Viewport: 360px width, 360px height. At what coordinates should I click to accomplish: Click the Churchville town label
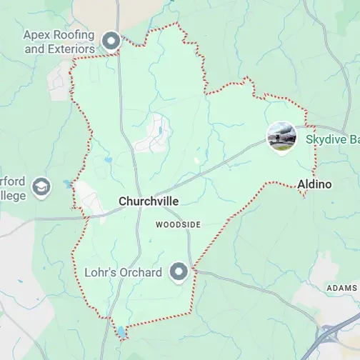[x=149, y=202]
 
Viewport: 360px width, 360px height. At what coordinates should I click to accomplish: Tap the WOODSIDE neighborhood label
[x=179, y=224]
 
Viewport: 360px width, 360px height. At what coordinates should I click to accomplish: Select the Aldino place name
[x=314, y=184]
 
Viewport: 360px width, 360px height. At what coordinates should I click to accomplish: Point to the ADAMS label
[x=341, y=287]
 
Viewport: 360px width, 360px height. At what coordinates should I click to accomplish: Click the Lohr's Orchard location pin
[x=179, y=271]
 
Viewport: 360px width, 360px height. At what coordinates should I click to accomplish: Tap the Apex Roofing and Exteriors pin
[x=111, y=41]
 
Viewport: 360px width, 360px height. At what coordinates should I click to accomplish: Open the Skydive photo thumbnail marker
[x=281, y=136]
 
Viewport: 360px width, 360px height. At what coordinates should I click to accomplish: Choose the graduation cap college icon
[x=42, y=187]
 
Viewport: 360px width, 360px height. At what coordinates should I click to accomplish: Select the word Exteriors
[x=71, y=49]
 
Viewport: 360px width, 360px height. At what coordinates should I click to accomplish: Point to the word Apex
[x=36, y=34]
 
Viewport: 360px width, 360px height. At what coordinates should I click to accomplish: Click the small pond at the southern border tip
[x=122, y=332]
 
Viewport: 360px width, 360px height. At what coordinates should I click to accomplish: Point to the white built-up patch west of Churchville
[x=86, y=197]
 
